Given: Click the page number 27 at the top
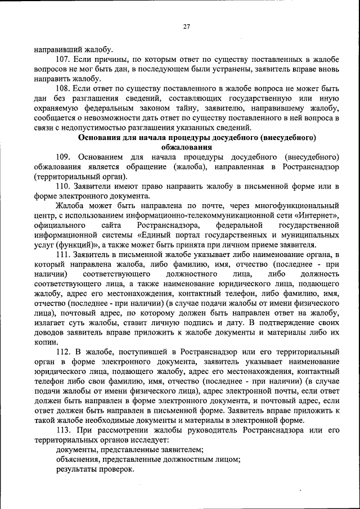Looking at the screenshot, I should pyautogui.click(x=186, y=27).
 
